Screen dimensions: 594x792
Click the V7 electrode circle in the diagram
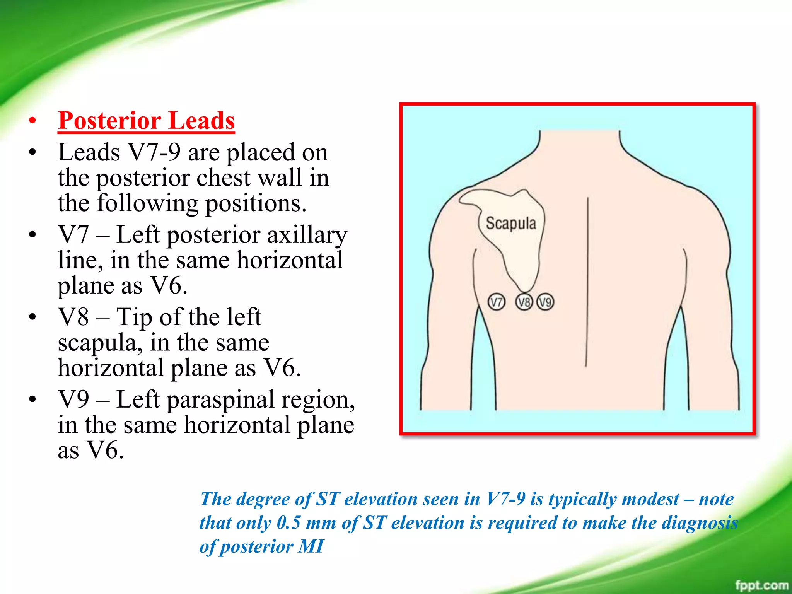496,302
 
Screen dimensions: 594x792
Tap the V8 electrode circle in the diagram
524,302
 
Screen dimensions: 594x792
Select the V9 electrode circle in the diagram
545,302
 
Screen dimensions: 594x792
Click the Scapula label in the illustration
511,224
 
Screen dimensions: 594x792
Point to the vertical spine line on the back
587,282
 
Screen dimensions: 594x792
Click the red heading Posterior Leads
146,121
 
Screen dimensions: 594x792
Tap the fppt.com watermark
761,585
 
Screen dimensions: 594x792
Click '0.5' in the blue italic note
288,523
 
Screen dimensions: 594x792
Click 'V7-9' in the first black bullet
154,152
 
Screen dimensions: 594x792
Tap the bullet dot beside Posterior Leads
32,121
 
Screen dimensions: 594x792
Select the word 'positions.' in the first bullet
256,203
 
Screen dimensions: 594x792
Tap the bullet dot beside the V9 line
32,399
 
